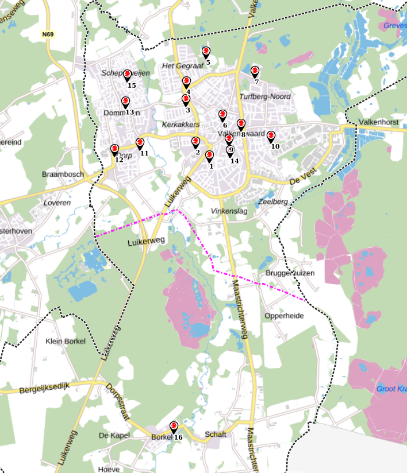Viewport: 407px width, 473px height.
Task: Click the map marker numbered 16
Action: pyautogui.click(x=174, y=427)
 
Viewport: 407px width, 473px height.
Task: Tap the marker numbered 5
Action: pyautogui.click(x=206, y=52)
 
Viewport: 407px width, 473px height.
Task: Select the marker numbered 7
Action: pyautogui.click(x=255, y=71)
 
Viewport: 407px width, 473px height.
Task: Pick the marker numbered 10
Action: pyautogui.click(x=271, y=136)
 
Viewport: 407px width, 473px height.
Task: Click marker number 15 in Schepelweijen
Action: pyautogui.click(x=128, y=76)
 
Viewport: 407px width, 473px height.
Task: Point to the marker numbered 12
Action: pyautogui.click(x=115, y=150)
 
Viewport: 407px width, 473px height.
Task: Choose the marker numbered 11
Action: pyautogui.click(x=140, y=144)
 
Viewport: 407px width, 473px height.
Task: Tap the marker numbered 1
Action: pyautogui.click(x=209, y=156)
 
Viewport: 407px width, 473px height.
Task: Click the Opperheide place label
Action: pyautogui.click(x=283, y=316)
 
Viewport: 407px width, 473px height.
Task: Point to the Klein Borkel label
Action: pyautogui.click(x=65, y=342)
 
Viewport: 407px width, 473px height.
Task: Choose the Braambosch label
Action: pyautogui.click(x=63, y=174)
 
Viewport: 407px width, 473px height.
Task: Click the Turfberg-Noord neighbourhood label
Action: pyautogui.click(x=265, y=96)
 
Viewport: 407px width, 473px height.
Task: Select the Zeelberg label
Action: pyautogui.click(x=273, y=201)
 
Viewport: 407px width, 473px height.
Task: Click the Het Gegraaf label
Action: pyautogui.click(x=183, y=66)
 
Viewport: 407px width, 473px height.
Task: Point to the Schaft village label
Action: pyautogui.click(x=216, y=435)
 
